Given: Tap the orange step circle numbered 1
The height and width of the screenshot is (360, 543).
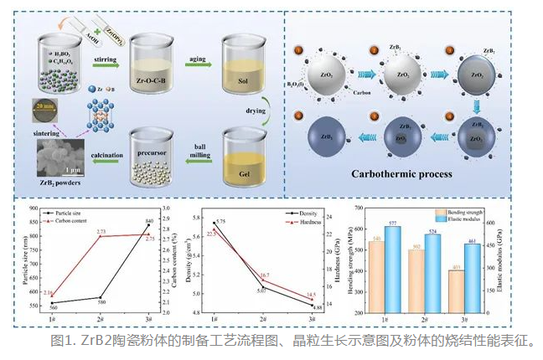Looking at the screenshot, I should [298, 52].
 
